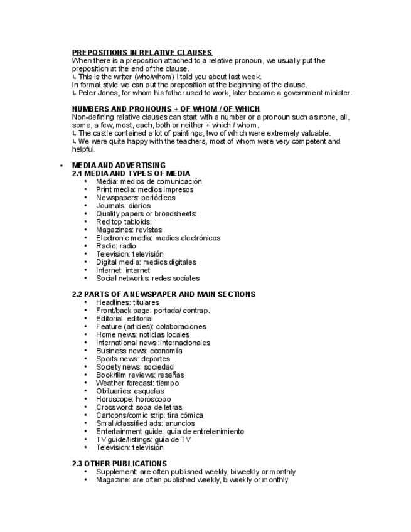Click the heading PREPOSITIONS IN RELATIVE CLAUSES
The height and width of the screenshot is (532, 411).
click(142, 52)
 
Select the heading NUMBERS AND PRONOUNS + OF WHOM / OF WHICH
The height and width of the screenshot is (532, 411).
click(166, 109)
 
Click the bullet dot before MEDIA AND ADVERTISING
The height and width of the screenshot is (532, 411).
click(61, 166)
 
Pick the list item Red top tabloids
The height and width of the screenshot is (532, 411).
click(124, 221)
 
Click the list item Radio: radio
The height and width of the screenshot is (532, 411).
click(115, 246)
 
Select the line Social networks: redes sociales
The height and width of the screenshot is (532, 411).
click(147, 278)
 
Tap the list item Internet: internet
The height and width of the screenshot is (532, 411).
click(123, 270)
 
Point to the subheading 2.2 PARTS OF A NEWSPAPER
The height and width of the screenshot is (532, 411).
click(163, 294)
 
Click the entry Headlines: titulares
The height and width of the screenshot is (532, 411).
click(127, 302)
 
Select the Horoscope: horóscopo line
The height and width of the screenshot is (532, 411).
click(133, 399)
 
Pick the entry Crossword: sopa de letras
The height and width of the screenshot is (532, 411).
click(139, 407)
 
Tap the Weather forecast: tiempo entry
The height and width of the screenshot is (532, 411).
click(137, 383)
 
